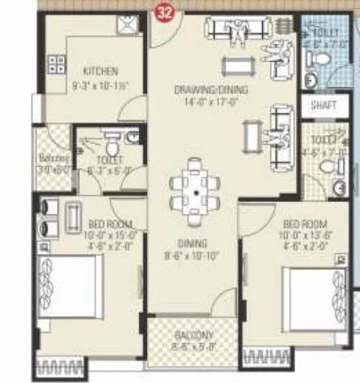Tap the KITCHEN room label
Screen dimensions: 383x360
pyautogui.click(x=100, y=72)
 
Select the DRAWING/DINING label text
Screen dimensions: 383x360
pyautogui.click(x=211, y=90)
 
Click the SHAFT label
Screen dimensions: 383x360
pyautogui.click(x=324, y=106)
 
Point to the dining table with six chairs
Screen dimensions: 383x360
pyautogui.click(x=196, y=193)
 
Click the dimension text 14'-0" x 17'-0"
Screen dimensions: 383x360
pyautogui.click(x=211, y=100)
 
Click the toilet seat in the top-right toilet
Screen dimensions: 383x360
pyautogui.click(x=311, y=79)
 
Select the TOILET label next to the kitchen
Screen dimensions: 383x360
pyautogui.click(x=107, y=159)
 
